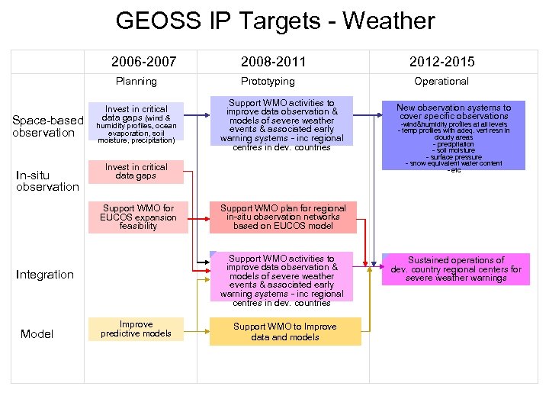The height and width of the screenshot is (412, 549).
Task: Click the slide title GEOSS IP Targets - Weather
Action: (274, 21)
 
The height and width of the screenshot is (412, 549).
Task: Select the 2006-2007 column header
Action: (143, 62)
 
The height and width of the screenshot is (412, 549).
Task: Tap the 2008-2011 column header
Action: (273, 62)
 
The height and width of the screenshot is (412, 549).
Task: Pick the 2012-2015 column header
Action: (441, 62)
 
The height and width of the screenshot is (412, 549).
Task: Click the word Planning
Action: (136, 82)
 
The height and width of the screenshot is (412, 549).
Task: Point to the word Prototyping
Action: (268, 82)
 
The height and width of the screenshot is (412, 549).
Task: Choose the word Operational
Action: (441, 82)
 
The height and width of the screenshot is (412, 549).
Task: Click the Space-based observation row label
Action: (48, 127)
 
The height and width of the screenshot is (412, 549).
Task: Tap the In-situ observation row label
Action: (47, 180)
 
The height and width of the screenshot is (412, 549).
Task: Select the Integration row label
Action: (45, 275)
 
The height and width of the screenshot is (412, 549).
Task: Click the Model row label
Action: (37, 334)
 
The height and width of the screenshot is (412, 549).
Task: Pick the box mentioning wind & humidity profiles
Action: (136, 124)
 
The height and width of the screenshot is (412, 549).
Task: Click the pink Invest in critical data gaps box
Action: (136, 172)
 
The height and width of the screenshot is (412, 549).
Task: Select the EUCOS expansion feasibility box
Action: (138, 217)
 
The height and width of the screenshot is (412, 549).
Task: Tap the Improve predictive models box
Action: (136, 329)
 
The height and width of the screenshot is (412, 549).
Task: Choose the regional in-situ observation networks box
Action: (283, 217)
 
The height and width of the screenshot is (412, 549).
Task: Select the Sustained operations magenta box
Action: (455, 269)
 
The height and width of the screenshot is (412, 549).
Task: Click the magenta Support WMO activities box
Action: (282, 278)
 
